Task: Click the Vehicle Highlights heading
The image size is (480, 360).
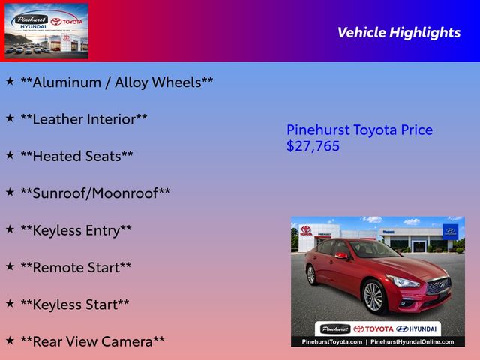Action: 399,33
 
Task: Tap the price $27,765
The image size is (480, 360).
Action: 313,146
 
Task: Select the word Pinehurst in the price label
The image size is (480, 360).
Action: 318,130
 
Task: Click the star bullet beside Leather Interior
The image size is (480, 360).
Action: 10,118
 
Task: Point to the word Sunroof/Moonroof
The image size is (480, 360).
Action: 95,193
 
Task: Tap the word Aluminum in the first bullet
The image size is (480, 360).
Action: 67,82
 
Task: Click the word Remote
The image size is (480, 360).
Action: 58,267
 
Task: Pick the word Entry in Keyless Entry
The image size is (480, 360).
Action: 103,231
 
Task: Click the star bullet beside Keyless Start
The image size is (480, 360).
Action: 10,303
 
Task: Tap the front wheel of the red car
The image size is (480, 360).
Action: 373,297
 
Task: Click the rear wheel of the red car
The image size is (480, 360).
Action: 311,274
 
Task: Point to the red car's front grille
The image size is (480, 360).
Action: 438,286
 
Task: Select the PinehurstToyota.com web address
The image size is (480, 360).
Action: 331,342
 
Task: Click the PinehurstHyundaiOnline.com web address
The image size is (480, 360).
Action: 412,342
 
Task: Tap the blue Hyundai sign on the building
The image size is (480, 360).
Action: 450,232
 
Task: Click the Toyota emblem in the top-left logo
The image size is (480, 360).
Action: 56,22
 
